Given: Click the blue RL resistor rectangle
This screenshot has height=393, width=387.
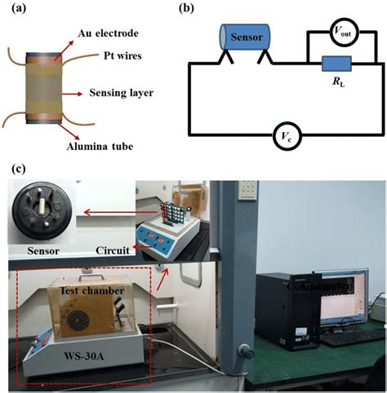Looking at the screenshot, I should coord(336,64).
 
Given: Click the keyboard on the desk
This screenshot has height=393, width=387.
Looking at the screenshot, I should coord(348,335).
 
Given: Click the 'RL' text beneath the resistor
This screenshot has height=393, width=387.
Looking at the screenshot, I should coord(337,82).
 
